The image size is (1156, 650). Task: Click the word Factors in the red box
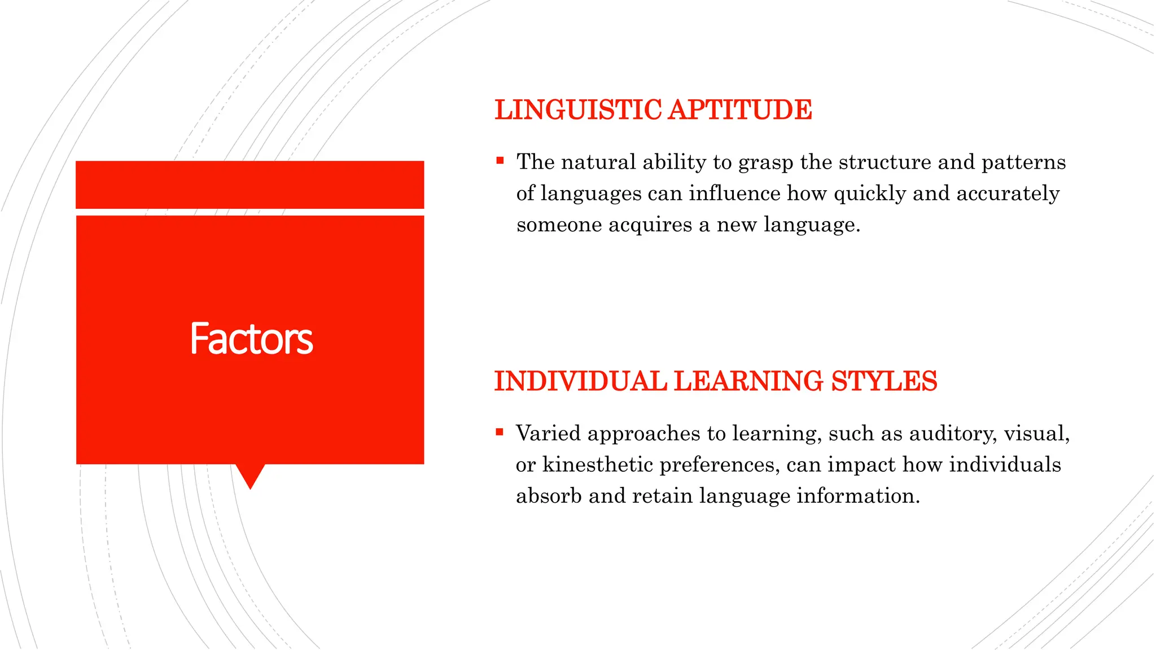click(251, 339)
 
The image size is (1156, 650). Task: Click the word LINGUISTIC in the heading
click(578, 109)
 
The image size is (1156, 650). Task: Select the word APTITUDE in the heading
click(740, 109)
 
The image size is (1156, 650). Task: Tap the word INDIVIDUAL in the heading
click(580, 381)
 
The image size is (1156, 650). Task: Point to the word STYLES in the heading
click(884, 381)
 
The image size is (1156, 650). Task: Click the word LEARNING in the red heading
click(748, 381)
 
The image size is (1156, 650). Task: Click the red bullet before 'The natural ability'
click(500, 161)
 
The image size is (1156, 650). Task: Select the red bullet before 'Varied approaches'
click(500, 433)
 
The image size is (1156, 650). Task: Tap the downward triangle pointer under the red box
click(250, 475)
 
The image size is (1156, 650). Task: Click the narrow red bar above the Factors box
click(249, 185)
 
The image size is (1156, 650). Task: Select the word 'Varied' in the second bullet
click(548, 433)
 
